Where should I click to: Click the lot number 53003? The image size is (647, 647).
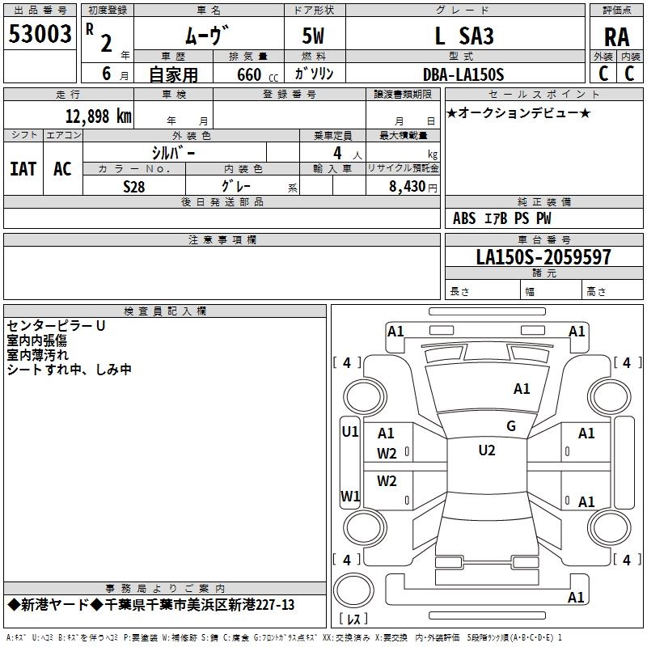click(40, 35)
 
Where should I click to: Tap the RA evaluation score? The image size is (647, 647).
click(615, 37)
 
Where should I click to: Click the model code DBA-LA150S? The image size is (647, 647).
click(463, 74)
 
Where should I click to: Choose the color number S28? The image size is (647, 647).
click(134, 185)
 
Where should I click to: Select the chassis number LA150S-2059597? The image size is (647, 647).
click(543, 257)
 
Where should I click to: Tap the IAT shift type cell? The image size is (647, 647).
click(23, 168)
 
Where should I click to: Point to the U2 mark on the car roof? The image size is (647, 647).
click(486, 450)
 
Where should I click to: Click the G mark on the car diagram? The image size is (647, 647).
click(511, 426)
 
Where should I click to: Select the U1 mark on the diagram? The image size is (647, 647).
click(349, 432)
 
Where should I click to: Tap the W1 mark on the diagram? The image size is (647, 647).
click(349, 496)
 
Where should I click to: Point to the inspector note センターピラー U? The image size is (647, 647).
click(56, 326)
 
